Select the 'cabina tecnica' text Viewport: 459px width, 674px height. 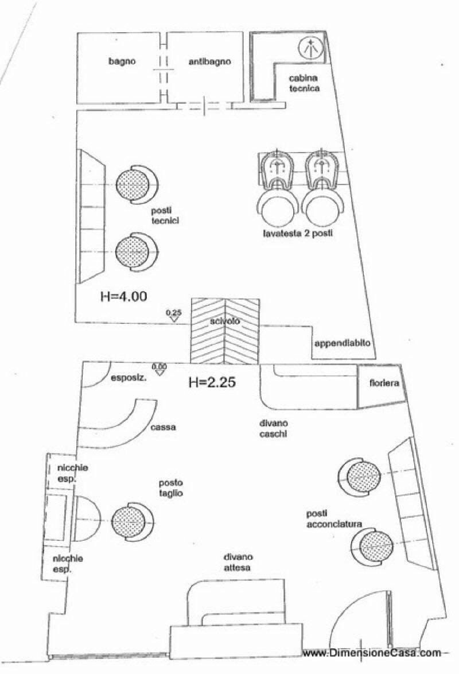click(304, 83)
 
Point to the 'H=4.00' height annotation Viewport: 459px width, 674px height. click(123, 297)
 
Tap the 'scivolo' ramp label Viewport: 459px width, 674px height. click(224, 322)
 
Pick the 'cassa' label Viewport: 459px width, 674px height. click(164, 427)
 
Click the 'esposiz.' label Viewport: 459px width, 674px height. click(127, 378)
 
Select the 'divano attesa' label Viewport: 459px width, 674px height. click(239, 562)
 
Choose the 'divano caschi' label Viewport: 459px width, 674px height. click(273, 429)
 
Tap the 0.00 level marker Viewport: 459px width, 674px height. click(159, 368)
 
